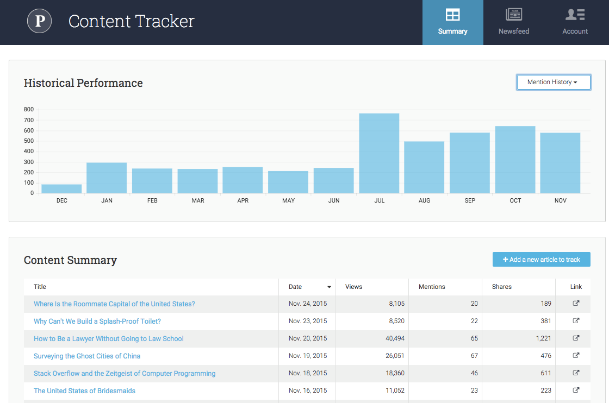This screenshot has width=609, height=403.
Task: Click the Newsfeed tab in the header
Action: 514,22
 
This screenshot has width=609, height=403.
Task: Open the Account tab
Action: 575,22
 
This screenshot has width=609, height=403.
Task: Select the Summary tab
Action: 452,22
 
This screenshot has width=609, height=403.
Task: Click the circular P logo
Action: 40,21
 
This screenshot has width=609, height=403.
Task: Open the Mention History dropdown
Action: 553,82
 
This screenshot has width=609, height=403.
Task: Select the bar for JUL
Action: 379,154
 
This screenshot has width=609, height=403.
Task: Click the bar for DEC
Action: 61,189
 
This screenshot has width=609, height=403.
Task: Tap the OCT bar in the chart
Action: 515,160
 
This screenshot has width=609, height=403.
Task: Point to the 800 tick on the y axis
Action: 29,109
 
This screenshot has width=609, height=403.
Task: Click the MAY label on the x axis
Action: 288,201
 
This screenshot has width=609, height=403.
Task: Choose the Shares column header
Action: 501,287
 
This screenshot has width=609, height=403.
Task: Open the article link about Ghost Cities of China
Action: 87,356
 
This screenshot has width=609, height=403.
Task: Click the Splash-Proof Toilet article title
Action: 97,322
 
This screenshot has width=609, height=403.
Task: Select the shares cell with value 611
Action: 545,374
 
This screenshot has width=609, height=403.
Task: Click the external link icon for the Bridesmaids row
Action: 576,391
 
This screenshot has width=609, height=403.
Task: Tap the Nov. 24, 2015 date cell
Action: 308,304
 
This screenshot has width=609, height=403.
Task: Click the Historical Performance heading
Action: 83,83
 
